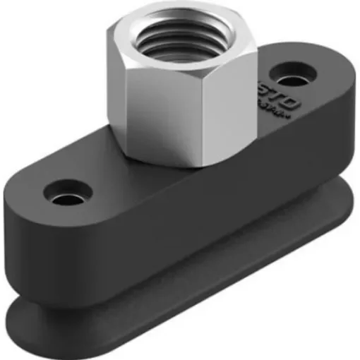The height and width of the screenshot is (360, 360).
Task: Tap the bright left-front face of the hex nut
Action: [x=145, y=106]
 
